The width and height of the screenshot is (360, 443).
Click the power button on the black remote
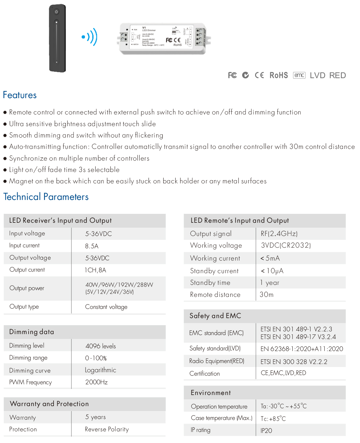[x=56, y=12]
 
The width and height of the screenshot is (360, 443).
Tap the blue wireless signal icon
[x=90, y=37]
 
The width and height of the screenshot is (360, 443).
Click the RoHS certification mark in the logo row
[x=278, y=75]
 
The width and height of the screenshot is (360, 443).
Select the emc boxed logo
[x=299, y=75]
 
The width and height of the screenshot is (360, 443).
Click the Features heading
[x=20, y=95]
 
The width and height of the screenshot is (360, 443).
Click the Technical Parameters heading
[x=46, y=197]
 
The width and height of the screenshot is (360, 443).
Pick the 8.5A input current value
[x=92, y=246]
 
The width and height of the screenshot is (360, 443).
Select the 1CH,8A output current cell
[x=95, y=270]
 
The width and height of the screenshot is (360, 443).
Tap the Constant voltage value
[x=106, y=307]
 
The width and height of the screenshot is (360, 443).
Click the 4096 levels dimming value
[x=101, y=346]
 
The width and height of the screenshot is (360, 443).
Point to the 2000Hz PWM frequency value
[x=96, y=382]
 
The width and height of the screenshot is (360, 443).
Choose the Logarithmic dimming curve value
[x=101, y=370]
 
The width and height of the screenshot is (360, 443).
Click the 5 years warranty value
[x=95, y=417]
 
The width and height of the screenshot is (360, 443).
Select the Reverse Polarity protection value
[x=107, y=429]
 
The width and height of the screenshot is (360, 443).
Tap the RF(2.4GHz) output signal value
[x=279, y=233]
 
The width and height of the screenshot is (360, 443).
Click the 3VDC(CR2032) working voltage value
[x=286, y=245]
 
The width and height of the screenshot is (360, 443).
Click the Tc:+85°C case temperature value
[x=273, y=419]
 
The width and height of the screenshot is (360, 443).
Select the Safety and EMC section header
[x=215, y=316]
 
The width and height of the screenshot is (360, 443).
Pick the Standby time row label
[x=210, y=283]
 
